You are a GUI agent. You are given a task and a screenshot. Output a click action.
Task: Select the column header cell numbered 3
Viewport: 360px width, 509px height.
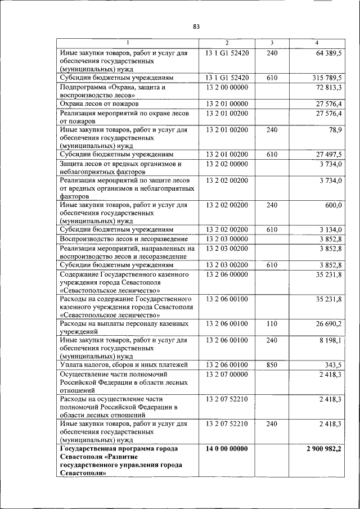point(272,43)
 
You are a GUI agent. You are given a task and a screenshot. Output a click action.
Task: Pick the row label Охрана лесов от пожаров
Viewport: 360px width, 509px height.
point(100,104)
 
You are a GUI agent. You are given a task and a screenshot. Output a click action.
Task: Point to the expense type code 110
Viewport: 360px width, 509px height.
point(272,324)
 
